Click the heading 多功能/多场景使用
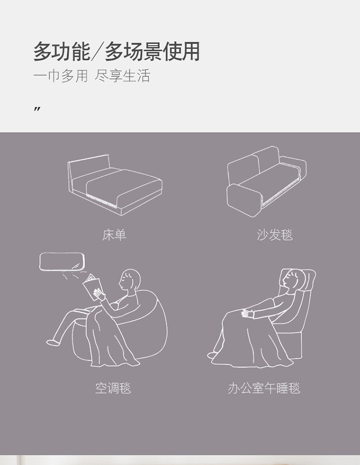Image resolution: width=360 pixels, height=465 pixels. pyautogui.click(x=116, y=51)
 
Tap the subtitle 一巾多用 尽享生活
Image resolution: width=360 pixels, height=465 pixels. pyautogui.click(x=92, y=75)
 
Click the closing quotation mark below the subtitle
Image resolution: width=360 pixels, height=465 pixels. pyautogui.click(x=37, y=110)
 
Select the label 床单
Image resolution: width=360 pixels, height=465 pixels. pyautogui.click(x=114, y=235)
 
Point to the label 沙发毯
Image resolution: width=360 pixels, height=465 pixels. pyautogui.click(x=275, y=235)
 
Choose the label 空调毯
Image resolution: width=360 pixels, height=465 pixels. pyautogui.click(x=113, y=388)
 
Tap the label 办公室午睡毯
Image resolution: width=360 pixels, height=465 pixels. pyautogui.click(x=264, y=388)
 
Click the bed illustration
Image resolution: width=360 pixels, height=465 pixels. pyautogui.click(x=115, y=185)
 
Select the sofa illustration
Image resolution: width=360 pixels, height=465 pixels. pyautogui.click(x=266, y=182)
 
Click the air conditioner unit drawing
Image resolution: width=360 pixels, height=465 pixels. pyautogui.click(x=61, y=261)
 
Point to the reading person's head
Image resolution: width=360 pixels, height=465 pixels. pyautogui.click(x=130, y=280)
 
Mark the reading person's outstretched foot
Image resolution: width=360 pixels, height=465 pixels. pyautogui.click(x=52, y=342)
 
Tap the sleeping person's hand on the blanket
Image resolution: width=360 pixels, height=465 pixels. pyautogui.click(x=247, y=313)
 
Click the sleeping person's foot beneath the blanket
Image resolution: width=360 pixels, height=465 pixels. pyautogui.click(x=212, y=355)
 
